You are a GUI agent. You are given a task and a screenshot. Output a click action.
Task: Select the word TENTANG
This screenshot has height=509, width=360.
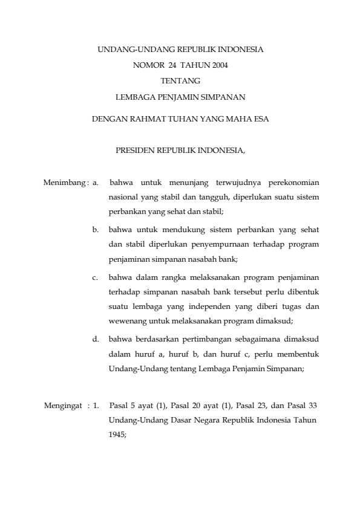tap(180, 80)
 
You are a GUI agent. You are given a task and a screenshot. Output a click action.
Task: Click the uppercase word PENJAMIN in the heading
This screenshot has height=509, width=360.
tap(180, 96)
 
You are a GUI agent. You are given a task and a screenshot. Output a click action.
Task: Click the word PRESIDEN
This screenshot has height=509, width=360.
tap(135, 151)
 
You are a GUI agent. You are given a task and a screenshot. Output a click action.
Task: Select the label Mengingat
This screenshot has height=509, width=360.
tap(63, 404)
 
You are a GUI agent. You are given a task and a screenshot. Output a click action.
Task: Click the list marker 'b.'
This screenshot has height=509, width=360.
tap(96, 230)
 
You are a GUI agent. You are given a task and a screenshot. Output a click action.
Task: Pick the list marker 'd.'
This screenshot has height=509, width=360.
tap(96, 339)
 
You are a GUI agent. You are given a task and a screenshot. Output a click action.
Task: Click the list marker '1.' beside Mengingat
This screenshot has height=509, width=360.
tap(96, 404)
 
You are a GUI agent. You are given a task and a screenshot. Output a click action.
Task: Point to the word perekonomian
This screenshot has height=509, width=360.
tap(294, 181)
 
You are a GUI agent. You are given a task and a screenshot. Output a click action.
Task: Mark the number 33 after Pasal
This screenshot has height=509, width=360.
tap(313, 404)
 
